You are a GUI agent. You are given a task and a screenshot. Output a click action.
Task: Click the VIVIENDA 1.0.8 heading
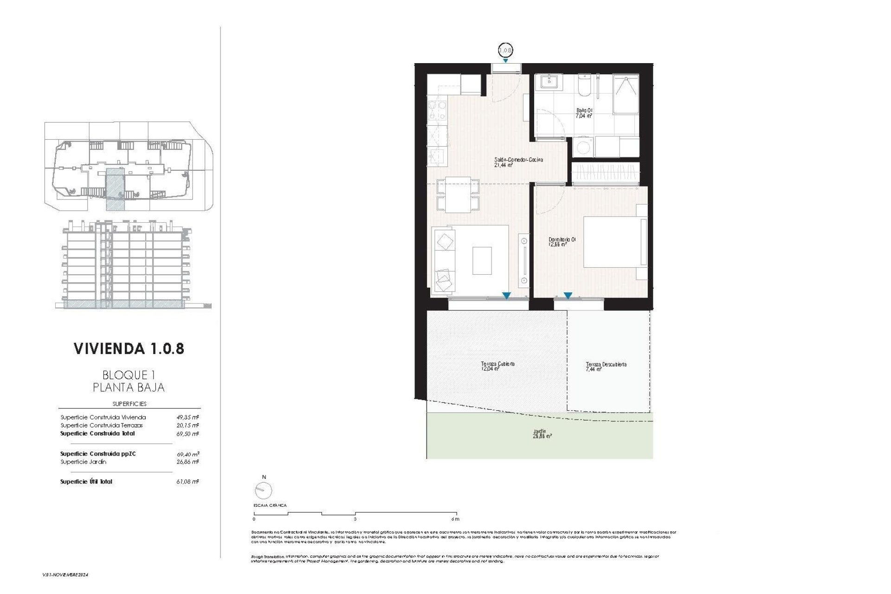[x=129, y=349]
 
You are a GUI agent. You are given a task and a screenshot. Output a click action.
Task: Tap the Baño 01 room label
[x=584, y=113]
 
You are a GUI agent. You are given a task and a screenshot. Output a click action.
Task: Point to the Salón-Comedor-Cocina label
[x=518, y=162]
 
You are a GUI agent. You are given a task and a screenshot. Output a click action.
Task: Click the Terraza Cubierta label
[x=497, y=367]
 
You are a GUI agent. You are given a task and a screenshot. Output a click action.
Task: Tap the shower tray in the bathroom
[x=626, y=94]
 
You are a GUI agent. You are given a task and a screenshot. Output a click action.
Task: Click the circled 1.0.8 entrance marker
[x=505, y=49]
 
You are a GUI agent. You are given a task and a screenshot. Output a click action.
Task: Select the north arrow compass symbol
[x=264, y=490]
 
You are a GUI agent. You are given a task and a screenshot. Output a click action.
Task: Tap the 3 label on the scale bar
[x=355, y=519]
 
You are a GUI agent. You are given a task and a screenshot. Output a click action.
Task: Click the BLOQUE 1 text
[x=129, y=375]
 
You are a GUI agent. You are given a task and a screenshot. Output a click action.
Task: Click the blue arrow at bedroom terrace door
[x=568, y=295]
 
